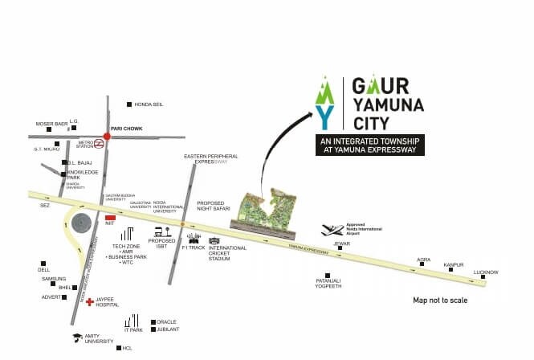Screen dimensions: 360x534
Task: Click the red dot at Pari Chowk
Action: [106, 137]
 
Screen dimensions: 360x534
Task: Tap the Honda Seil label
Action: [149, 104]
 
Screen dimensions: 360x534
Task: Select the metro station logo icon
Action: [99, 145]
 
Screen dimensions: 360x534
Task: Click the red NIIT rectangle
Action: [111, 217]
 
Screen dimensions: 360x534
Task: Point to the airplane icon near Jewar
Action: [331, 231]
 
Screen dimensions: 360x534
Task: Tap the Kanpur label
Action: [454, 264]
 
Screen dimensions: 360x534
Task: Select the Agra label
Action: [424, 260]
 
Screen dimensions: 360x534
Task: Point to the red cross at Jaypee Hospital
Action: [90, 301]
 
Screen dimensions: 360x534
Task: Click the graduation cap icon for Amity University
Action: [77, 337]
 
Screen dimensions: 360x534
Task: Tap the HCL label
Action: [128, 348]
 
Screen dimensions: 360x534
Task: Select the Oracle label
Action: [166, 322]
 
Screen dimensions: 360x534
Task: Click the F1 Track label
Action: [195, 248]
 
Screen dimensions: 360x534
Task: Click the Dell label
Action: [44, 270]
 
